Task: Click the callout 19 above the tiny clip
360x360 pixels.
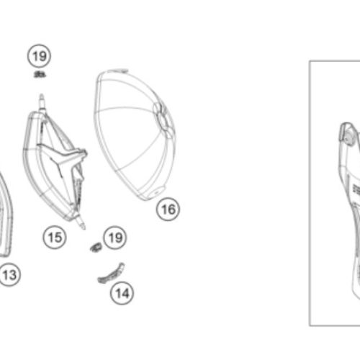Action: click(x=39, y=56)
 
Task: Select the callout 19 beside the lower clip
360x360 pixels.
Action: click(x=115, y=238)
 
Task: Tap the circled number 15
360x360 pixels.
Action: click(x=55, y=238)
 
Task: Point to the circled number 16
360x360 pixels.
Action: click(x=168, y=210)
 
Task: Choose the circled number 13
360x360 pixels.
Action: click(x=9, y=274)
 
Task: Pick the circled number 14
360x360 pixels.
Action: click(x=122, y=293)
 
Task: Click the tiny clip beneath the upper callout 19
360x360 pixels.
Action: click(x=40, y=74)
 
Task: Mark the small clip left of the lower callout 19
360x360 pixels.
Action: click(x=96, y=247)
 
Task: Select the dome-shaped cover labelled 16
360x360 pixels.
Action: click(x=135, y=135)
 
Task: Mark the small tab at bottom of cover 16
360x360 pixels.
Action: click(x=157, y=192)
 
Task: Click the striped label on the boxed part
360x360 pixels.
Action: click(x=356, y=189)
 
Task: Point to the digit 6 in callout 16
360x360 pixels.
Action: click(x=172, y=210)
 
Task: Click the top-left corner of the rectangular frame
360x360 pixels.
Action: click(x=310, y=61)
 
